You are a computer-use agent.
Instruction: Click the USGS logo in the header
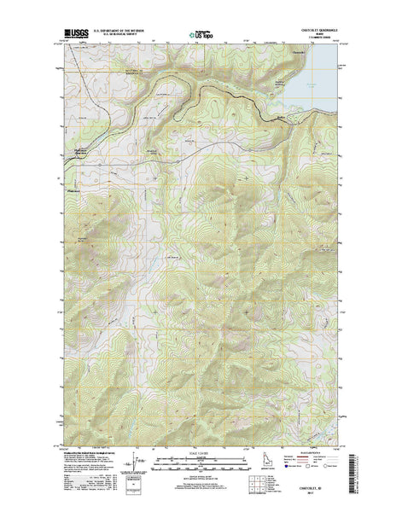click(75, 36)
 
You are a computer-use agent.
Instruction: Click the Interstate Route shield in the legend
click(298, 468)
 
